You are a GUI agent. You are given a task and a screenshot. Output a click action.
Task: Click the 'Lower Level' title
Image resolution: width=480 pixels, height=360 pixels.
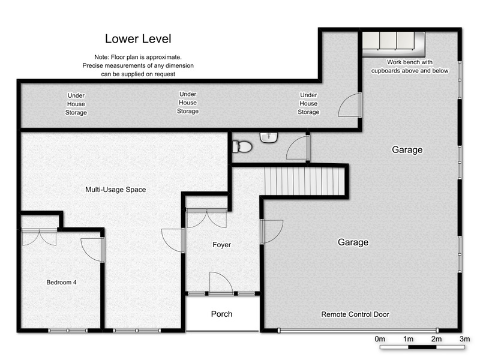pos(138,39)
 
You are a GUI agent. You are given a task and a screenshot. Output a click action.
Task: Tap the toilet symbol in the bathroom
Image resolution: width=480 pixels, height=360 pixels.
pos(242,146)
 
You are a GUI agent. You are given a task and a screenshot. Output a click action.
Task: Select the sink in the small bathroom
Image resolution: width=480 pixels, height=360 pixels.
pos(269,137)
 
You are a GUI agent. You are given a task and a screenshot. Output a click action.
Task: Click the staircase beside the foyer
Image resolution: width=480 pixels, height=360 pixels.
pos(305,181)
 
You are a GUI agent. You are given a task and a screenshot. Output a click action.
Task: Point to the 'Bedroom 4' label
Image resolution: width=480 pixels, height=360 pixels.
pos(61,282)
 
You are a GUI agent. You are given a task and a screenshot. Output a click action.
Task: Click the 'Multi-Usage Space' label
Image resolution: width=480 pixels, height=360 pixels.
pos(115,190)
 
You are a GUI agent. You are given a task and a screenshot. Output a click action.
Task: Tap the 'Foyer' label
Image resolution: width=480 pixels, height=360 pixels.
pos(221,245)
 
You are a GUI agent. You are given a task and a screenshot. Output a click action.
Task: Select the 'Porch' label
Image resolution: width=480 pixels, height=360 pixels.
pos(221,314)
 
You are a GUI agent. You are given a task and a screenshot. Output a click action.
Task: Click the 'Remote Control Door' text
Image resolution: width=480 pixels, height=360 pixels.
pos(355,314)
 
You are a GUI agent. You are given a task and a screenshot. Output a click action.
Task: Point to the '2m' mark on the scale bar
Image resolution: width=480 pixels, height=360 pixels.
pos(436,339)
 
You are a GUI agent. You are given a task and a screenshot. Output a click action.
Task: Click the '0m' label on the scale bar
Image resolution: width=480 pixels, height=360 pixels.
pos(380,339)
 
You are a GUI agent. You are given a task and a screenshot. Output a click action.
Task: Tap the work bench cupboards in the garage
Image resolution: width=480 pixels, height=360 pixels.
pos(394,44)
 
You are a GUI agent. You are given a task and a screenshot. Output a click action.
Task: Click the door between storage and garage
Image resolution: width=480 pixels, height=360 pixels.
pos(350,104)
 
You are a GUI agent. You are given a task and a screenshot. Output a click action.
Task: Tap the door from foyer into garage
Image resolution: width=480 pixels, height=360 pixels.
pos(272,232)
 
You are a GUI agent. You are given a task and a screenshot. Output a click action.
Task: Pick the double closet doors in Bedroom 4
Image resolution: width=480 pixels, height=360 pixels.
pos(39,236)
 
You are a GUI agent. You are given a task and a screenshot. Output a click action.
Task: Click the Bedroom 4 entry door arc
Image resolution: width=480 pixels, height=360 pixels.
pos(92,250)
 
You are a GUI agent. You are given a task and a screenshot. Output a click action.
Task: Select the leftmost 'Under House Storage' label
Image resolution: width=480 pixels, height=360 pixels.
pos(76,104)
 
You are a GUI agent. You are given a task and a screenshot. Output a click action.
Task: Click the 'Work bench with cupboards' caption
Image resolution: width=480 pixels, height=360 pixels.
pos(410,67)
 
